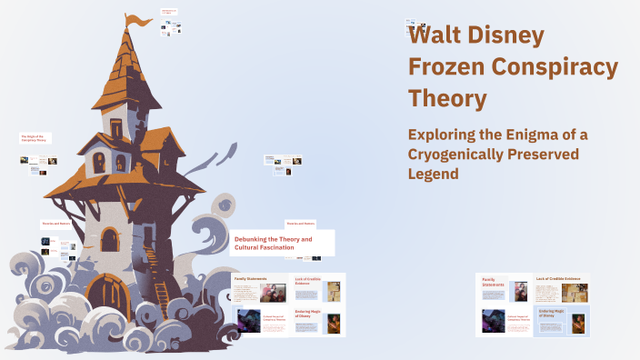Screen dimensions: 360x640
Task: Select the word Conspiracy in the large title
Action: click(x=555, y=67)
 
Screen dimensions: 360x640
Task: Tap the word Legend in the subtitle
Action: click(x=434, y=174)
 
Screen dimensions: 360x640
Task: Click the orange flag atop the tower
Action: click(x=137, y=20)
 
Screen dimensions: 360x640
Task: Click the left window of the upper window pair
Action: click(x=99, y=164)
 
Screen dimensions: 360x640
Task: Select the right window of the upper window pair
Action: click(x=120, y=164)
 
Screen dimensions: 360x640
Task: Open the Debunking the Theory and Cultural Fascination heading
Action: click(x=274, y=243)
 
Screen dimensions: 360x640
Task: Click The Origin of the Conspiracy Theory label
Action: click(x=34, y=138)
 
